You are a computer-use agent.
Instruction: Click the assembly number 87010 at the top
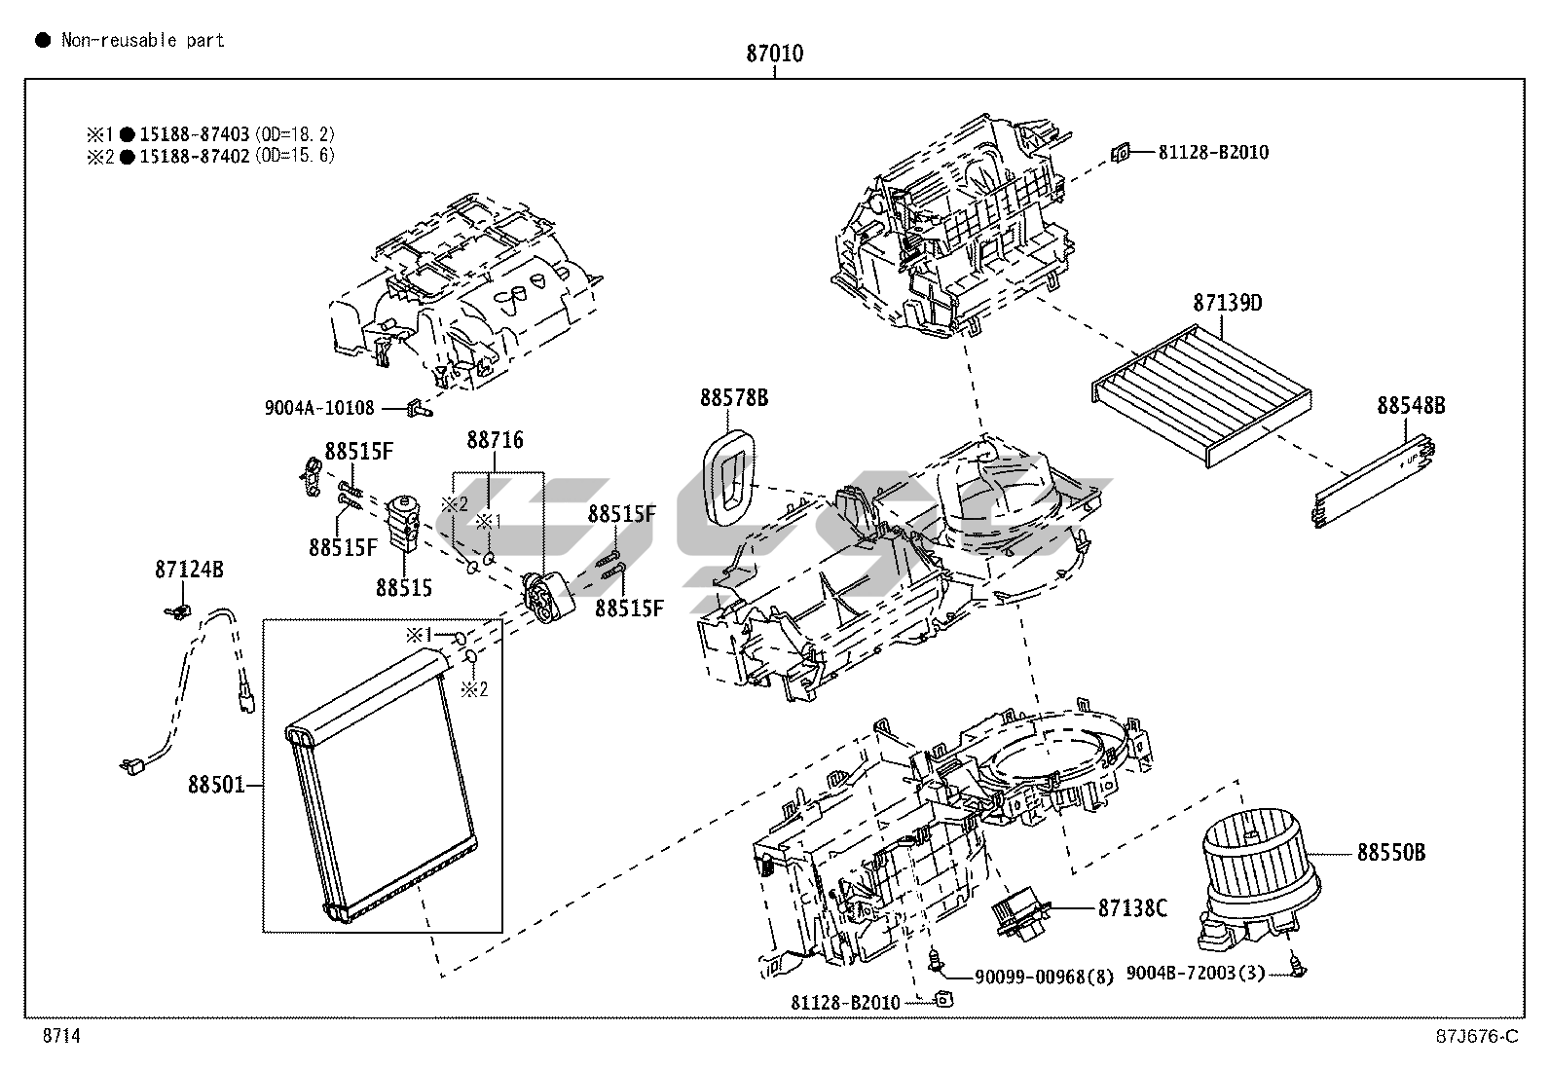pos(774,54)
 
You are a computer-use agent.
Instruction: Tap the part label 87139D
pos(1227,303)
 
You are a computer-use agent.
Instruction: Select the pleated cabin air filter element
pos(1202,395)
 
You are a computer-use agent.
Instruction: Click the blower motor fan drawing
pos(1260,881)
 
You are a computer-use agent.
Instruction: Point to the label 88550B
pos(1391,852)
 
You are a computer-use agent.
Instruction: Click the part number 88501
pos(216,784)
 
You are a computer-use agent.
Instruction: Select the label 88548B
pos(1411,405)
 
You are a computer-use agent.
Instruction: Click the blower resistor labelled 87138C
pos(1020,917)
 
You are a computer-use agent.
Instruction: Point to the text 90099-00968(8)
pos(1044,977)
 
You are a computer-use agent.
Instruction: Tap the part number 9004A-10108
pos(319,408)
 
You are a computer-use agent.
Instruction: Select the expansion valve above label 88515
pos(405,523)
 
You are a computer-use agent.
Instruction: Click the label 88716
pos(495,439)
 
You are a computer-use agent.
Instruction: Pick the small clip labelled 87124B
pos(178,611)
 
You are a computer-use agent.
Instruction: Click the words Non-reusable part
pos(143,40)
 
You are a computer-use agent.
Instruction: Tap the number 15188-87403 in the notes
pos(195,133)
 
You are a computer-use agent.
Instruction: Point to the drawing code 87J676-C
pos(1477,1036)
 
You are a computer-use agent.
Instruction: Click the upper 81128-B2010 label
pos(1214,152)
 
